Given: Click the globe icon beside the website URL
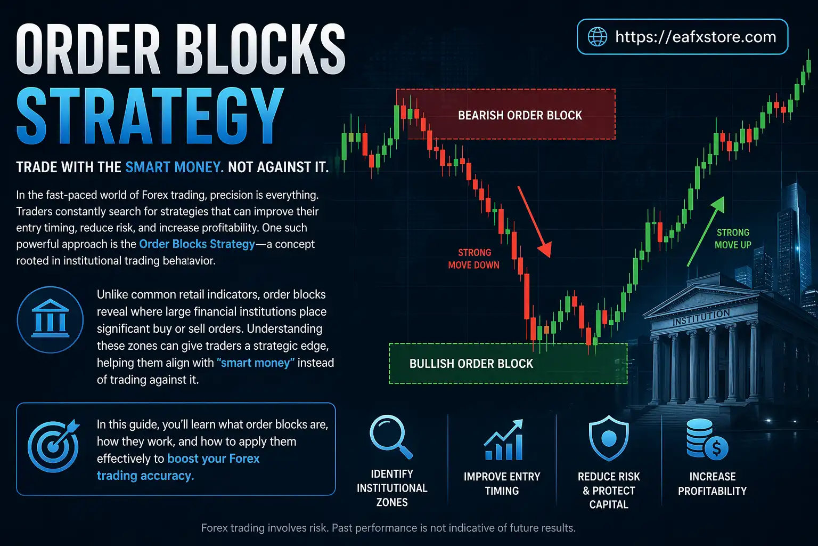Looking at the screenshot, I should point(597,37).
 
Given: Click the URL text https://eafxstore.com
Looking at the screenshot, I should point(696,37).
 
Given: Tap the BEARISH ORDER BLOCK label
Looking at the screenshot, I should point(520,115).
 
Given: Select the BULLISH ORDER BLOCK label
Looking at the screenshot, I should point(471,364).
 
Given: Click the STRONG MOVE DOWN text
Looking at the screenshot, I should point(473,259).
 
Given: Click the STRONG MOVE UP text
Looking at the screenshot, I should point(733,238).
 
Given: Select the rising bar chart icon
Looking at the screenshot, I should point(503,440).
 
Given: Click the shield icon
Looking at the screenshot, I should point(609,439).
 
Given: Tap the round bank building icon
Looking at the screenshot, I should point(50,319).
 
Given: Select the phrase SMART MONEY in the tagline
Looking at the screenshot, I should point(174,167).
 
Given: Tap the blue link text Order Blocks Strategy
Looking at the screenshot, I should point(197,244).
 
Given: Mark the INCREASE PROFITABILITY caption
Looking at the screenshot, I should point(712,484).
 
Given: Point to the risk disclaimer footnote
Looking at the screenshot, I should point(388,528).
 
